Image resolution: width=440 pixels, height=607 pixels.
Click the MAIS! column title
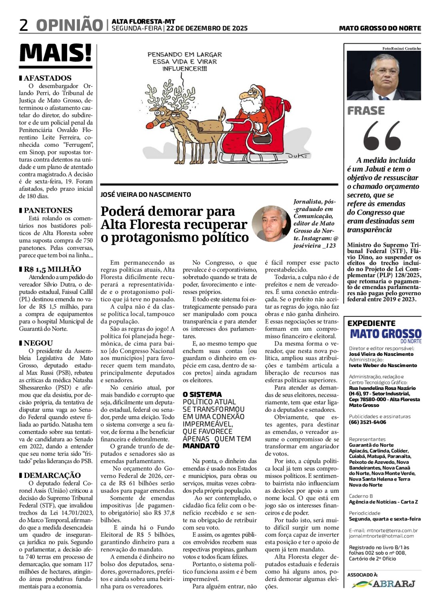click(x=56, y=53)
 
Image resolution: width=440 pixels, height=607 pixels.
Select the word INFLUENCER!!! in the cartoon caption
click(x=184, y=69)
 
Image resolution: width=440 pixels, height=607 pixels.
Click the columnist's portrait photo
click(x=272, y=224)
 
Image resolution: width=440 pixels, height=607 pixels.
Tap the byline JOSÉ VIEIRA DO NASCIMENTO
click(x=146, y=195)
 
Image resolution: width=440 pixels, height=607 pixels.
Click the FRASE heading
click(x=366, y=111)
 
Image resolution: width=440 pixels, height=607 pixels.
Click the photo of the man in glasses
click(x=384, y=76)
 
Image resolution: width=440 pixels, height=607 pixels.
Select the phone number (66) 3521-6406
click(x=368, y=422)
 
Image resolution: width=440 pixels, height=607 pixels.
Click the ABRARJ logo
click(x=384, y=584)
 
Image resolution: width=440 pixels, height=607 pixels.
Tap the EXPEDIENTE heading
click(x=371, y=323)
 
